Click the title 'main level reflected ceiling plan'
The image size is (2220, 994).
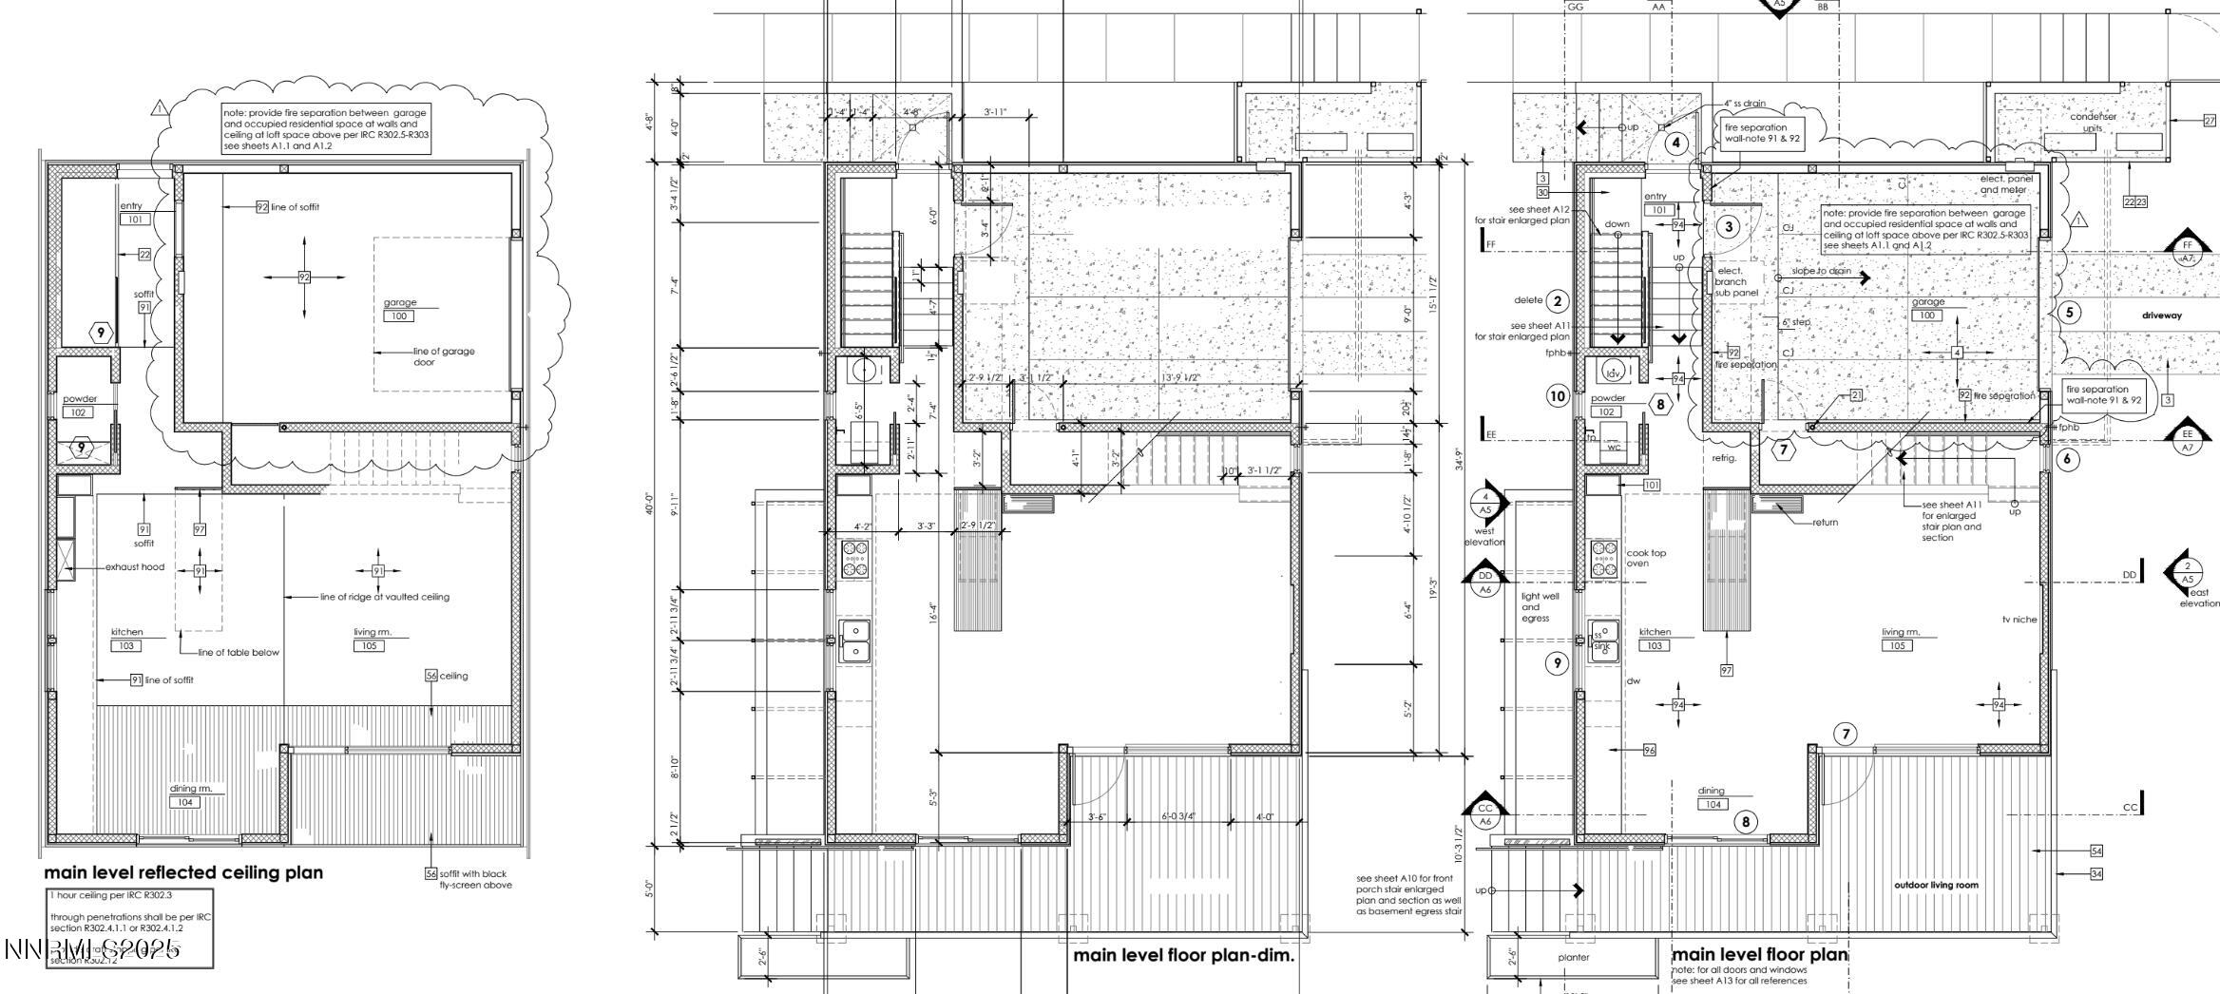[183, 872]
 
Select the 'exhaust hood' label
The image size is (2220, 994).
[134, 567]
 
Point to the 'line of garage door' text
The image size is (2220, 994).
[443, 356]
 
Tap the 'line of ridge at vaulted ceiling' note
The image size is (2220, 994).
[385, 597]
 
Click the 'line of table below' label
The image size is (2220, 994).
[239, 653]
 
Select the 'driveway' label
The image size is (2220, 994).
[2162, 315]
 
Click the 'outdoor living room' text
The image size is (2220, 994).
[1936, 885]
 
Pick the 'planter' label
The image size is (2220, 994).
[1574, 957]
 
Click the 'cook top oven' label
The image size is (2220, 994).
[1645, 558]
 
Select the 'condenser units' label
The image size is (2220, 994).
[2094, 122]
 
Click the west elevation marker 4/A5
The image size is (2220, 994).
[1485, 503]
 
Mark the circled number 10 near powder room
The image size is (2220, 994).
[1557, 396]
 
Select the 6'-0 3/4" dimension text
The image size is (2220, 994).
[1177, 816]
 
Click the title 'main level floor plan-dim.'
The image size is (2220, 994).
[1183, 956]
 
